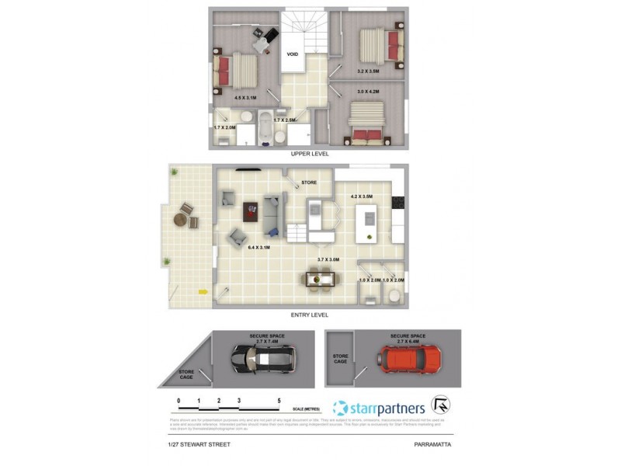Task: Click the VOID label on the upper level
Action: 293,54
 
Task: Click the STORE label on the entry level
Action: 308,183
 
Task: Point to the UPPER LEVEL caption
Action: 310,154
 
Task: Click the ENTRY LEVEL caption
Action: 309,315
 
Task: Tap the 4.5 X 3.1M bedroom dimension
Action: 245,98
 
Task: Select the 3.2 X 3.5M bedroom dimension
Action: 368,71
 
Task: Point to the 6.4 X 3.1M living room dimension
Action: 258,247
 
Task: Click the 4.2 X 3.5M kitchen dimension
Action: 362,196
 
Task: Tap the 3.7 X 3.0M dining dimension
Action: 329,259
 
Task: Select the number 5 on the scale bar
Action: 279,402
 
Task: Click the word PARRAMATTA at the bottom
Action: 433,444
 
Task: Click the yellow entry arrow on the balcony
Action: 203,292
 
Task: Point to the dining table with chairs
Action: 321,277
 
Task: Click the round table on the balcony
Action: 181,219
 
